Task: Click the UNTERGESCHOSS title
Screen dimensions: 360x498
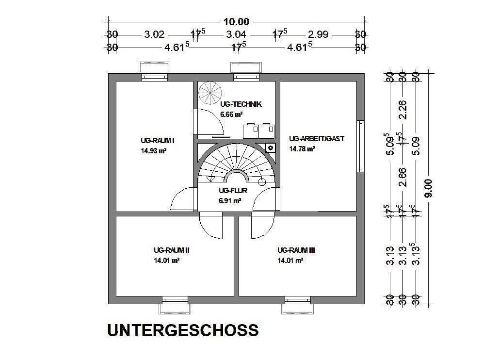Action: point(182,330)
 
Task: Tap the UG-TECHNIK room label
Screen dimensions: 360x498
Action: point(241,104)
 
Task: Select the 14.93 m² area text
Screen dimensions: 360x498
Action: point(154,150)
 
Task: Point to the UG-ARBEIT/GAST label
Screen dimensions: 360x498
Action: point(316,138)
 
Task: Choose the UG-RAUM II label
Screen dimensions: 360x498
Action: point(171,250)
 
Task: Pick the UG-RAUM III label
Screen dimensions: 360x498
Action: point(296,250)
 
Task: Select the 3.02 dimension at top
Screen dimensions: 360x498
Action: point(155,34)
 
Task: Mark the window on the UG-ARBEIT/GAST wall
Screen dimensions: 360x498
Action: point(360,146)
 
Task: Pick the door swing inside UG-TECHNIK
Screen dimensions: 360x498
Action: point(209,121)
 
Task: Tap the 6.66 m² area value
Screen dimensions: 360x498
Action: point(231,115)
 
